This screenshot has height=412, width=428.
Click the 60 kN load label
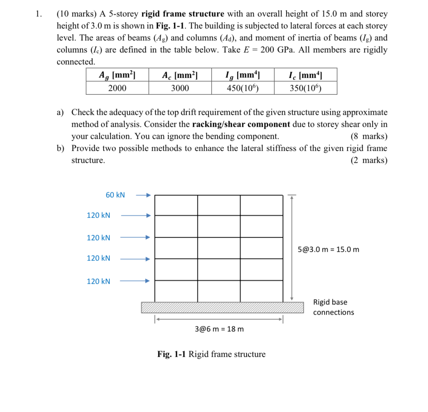[115, 195]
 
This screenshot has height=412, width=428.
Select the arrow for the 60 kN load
[143, 195]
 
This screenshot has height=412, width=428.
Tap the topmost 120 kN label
[98, 215]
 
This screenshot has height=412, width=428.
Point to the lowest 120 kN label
[98, 282]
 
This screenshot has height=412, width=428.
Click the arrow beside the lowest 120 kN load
[134, 281]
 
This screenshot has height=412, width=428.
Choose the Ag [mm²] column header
[117, 75]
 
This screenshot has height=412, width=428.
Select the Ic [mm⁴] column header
[305, 75]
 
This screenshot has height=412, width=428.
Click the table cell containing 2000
[117, 88]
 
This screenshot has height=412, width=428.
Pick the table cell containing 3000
[180, 88]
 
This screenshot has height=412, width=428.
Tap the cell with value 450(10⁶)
[242, 88]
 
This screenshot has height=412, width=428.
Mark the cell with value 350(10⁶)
[305, 88]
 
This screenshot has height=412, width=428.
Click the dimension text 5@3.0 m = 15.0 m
[328, 250]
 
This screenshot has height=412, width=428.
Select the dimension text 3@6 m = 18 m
[219, 329]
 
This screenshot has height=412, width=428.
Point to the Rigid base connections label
[333, 307]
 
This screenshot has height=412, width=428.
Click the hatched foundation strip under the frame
[222, 307]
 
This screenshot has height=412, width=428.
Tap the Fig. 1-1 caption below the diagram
[211, 354]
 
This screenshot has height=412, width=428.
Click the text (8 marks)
[369, 136]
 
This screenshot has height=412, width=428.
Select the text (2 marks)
[369, 160]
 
